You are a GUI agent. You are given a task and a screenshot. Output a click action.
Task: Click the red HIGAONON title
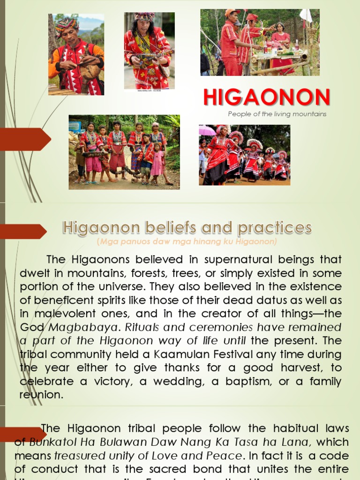pos(267,97)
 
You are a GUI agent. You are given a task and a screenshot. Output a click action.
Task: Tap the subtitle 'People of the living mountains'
pos(277,114)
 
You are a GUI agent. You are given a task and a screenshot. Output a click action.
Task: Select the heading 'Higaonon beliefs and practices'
pos(187,228)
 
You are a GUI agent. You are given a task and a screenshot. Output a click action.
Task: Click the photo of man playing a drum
pos(76,54)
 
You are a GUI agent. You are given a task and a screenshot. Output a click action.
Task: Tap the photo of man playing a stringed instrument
pos(149,50)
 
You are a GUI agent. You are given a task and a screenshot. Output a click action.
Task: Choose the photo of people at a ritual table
pos(260,42)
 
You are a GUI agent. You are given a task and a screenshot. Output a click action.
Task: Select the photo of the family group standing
pos(124,152)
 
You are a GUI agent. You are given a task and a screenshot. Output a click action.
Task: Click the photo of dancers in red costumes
pos(244,155)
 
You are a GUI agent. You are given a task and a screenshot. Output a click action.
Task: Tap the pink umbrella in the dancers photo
pos(207,130)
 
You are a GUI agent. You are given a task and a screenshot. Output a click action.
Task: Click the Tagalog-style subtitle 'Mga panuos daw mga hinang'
pos(187,242)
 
